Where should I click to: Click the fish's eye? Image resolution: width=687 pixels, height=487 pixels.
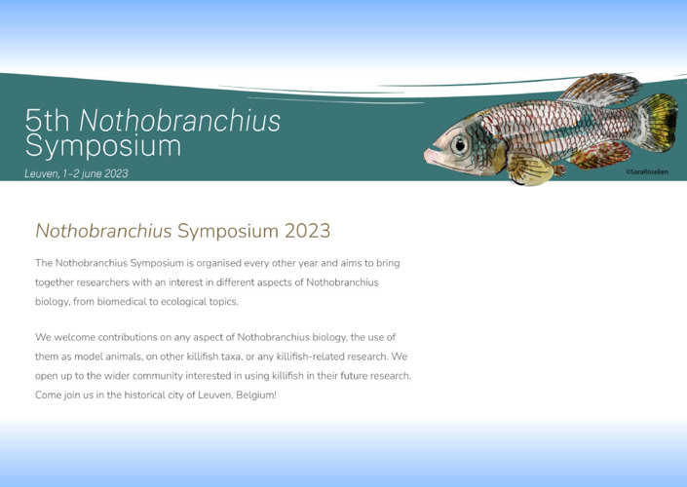[460, 144]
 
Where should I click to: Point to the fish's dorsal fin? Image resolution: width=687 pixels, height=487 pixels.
[600, 89]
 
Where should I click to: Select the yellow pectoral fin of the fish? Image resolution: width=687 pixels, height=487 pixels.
[530, 169]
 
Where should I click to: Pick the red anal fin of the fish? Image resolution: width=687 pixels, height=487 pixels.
[601, 155]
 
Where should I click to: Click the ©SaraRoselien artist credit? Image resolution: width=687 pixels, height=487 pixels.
[647, 172]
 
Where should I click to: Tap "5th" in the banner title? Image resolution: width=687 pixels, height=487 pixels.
[48, 121]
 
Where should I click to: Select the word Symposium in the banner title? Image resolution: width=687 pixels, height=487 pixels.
[103, 147]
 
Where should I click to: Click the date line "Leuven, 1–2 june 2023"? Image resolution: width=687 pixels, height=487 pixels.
[76, 174]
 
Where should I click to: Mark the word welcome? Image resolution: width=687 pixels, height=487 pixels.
[74, 337]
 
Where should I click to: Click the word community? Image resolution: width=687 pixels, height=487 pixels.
[158, 376]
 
